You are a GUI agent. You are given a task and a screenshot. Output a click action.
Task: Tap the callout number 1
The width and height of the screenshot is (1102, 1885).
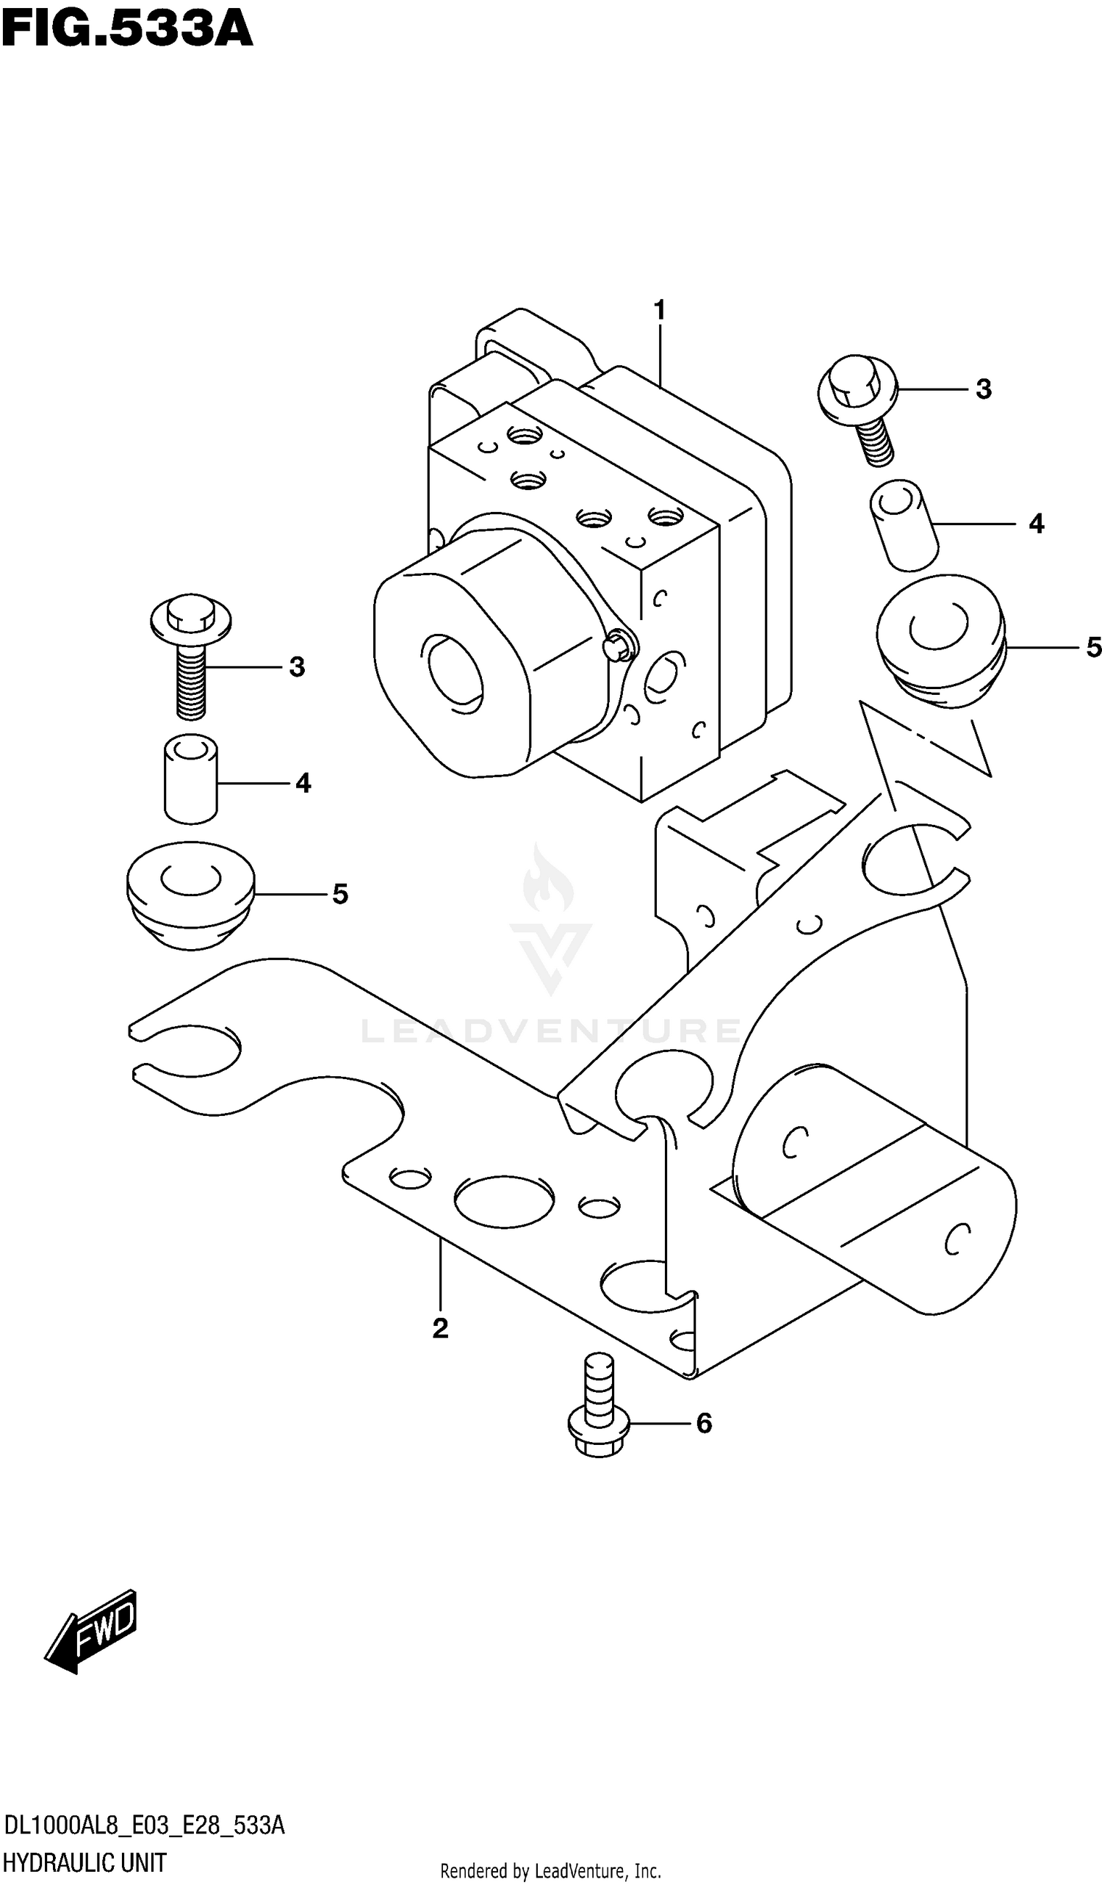(659, 310)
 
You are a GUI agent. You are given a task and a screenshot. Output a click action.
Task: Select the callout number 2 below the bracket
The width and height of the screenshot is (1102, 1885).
(440, 1327)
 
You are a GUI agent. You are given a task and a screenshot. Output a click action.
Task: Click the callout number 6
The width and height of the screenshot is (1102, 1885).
(704, 1424)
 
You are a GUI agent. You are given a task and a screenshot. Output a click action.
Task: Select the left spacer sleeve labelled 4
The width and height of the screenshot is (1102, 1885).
(191, 779)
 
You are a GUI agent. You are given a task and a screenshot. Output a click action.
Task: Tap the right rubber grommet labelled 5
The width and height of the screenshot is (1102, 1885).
(940, 641)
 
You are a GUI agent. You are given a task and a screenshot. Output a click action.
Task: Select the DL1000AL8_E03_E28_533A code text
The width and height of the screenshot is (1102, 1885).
(145, 1826)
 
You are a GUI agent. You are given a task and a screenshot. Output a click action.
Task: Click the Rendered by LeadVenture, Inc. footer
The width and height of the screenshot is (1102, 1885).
(550, 1872)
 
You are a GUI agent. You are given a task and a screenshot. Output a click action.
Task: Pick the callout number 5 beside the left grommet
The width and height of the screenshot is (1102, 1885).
(340, 894)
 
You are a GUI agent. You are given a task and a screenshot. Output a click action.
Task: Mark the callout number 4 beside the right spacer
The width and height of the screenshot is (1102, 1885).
(1036, 524)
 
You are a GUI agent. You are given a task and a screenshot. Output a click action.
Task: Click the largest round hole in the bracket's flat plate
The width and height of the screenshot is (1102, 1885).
(503, 1200)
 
